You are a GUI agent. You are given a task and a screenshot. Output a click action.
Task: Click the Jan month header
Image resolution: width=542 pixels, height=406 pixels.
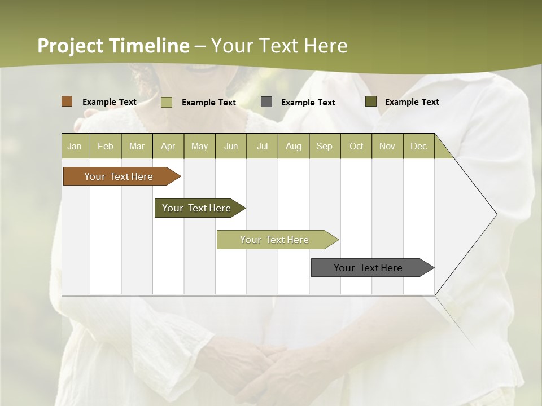coord(75,146)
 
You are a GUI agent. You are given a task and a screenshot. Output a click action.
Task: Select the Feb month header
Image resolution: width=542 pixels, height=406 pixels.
coord(106,146)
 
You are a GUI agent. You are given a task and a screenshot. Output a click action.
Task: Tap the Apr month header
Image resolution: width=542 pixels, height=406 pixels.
coord(168,146)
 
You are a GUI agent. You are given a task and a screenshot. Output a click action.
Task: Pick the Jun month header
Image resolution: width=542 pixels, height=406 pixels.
coord(231,146)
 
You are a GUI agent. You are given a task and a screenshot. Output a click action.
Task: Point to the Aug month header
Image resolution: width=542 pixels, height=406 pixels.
coord(294,146)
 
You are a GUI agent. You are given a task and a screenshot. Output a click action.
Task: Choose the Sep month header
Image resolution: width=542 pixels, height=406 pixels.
coord(325,146)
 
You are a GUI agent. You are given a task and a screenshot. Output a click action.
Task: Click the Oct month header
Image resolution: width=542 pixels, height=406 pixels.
coord(356,146)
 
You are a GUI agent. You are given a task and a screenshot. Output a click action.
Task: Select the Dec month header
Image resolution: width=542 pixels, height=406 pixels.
coord(419,146)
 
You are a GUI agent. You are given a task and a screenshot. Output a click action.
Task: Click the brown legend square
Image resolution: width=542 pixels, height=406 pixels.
coord(67,101)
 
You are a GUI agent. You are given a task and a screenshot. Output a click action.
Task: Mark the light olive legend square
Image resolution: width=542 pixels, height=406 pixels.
coord(167,102)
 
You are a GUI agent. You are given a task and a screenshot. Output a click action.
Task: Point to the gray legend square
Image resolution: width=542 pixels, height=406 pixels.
coord(266,102)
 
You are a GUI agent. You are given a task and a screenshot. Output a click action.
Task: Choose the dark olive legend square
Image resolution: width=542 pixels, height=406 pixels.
coord(371,101)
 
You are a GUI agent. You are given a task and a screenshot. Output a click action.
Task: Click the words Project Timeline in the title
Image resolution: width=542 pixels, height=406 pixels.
coord(113,46)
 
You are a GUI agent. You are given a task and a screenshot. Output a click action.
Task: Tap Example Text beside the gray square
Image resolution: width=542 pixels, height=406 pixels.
coord(308,103)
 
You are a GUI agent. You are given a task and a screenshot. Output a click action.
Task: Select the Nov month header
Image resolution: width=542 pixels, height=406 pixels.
coord(387,146)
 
